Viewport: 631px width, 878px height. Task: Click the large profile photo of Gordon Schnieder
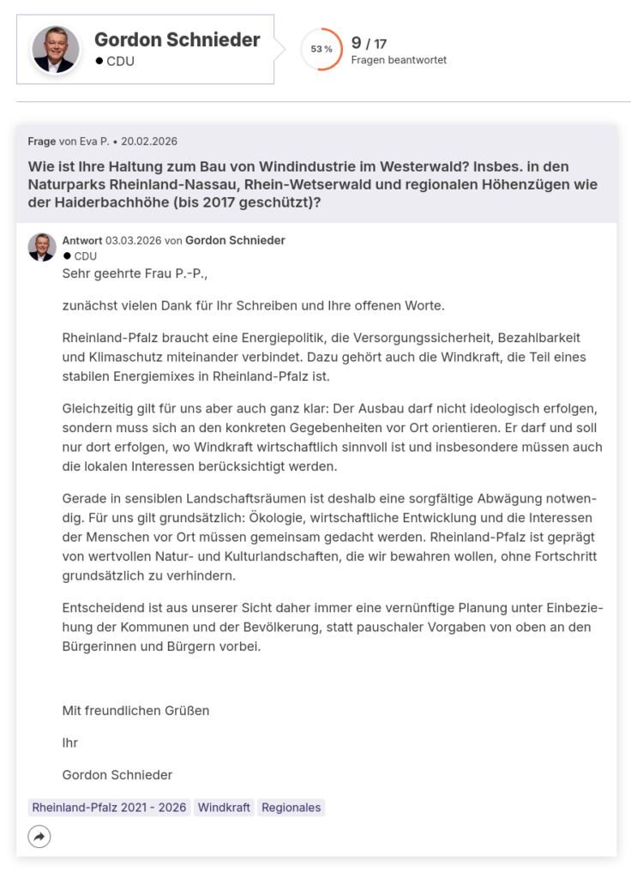click(x=56, y=49)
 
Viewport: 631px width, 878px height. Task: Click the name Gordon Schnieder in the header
click(x=177, y=39)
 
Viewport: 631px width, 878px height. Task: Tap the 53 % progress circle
click(x=322, y=49)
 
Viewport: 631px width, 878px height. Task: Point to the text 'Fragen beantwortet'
click(x=399, y=60)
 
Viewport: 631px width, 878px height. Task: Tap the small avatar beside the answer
click(x=42, y=247)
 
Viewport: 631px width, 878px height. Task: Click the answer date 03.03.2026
click(x=133, y=240)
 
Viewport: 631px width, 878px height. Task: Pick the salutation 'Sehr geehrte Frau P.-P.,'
click(x=135, y=274)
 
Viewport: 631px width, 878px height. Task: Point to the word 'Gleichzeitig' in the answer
click(x=99, y=409)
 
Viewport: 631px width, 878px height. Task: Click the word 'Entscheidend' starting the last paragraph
click(x=102, y=608)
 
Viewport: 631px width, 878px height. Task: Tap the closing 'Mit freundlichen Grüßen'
click(x=135, y=710)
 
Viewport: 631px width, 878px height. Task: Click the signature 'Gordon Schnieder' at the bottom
click(x=117, y=774)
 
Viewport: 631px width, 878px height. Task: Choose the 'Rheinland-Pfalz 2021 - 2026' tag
click(x=109, y=808)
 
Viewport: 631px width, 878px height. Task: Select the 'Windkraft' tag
click(x=224, y=808)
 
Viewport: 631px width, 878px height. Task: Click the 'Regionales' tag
click(x=291, y=808)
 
